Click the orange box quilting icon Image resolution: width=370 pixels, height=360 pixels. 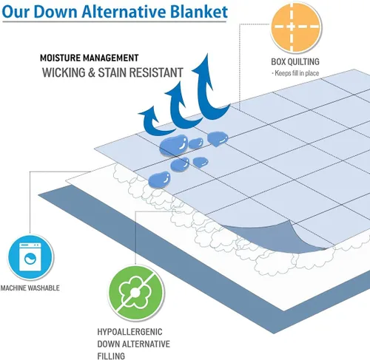coord(295,27)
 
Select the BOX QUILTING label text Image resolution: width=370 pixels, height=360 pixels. coord(295,61)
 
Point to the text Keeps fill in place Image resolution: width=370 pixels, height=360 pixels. coord(297,73)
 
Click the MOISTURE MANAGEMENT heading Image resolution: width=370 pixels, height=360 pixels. coord(90,58)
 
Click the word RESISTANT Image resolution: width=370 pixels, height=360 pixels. coord(156,72)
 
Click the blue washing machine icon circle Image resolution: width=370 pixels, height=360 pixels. coord(31,257)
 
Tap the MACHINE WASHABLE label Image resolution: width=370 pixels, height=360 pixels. coord(30,288)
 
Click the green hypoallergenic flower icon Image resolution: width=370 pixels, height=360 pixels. coord(136,293)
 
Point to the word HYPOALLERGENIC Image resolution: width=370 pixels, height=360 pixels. coord(129,332)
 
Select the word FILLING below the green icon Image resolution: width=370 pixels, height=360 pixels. coord(111,356)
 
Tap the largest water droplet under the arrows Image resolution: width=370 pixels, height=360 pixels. coord(174,146)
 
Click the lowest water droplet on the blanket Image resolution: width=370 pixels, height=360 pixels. coord(160,179)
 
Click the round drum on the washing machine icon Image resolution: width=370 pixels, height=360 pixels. coord(30,259)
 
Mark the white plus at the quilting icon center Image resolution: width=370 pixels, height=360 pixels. coord(292,27)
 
